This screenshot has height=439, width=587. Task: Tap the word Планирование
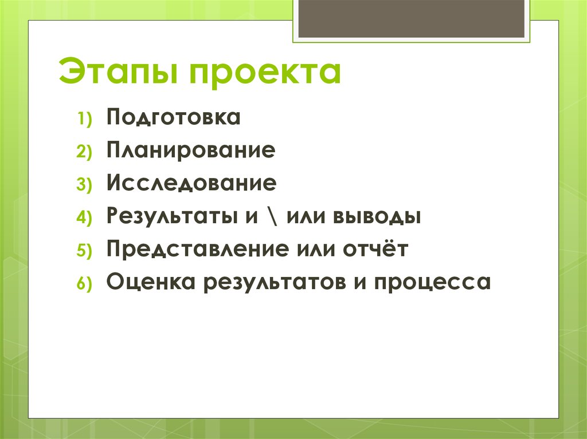190,151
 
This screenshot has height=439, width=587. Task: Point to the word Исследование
191,184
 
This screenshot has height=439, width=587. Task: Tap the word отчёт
375,250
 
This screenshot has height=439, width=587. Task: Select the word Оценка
143,282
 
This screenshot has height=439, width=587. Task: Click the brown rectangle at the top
411,18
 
